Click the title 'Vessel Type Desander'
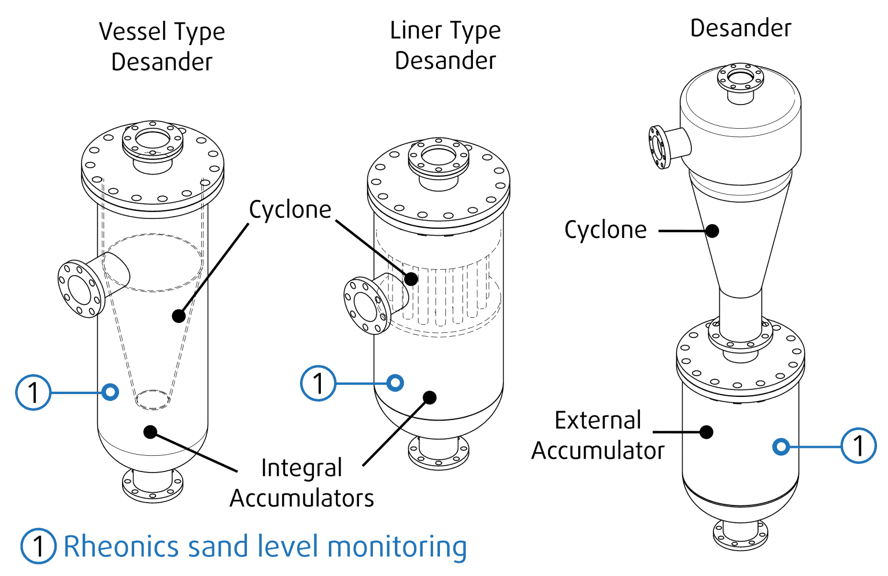(x=162, y=46)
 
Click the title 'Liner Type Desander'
(x=445, y=45)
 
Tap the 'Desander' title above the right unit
(x=741, y=28)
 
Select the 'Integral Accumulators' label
(x=302, y=483)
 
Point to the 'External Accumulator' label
(x=598, y=436)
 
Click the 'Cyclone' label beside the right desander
(x=605, y=230)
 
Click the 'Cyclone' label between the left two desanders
(x=290, y=210)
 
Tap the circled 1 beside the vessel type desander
(x=33, y=392)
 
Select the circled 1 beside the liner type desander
(x=318, y=383)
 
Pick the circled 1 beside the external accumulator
(x=859, y=445)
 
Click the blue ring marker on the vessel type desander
(x=110, y=392)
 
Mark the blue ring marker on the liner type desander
(x=395, y=382)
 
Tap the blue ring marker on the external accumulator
(x=781, y=446)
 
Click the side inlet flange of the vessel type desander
(x=80, y=288)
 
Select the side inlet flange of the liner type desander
(x=366, y=306)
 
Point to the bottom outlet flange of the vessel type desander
(x=153, y=486)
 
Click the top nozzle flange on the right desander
(x=741, y=78)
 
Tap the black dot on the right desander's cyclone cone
(x=713, y=231)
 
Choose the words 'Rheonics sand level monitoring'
(x=265, y=547)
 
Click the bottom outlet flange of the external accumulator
(x=741, y=534)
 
